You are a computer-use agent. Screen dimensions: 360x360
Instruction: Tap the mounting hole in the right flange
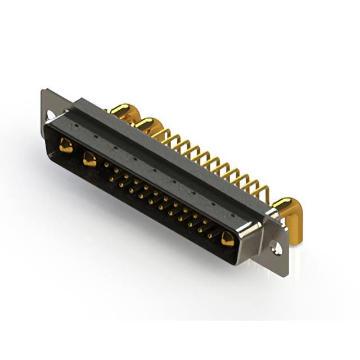(276, 246)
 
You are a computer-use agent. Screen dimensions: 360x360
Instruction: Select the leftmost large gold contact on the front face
(66, 146)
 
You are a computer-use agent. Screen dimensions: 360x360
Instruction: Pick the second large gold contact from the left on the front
(89, 159)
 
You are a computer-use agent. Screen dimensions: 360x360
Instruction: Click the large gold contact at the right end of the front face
(227, 238)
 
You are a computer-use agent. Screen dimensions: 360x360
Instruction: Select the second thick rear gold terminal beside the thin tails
(148, 125)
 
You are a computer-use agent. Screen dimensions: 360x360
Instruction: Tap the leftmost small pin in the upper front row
(107, 164)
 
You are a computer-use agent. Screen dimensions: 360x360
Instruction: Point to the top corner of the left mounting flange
(43, 90)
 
